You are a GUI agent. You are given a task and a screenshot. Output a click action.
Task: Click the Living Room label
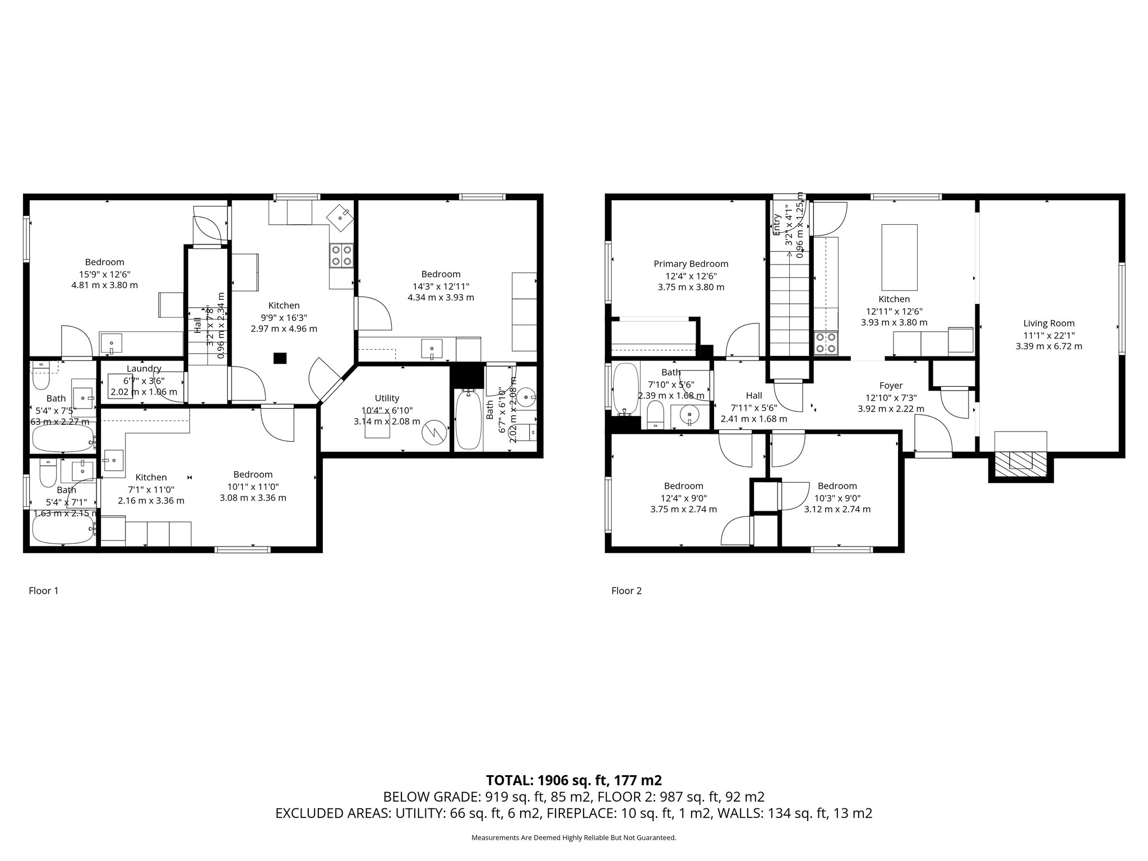[x=1048, y=323]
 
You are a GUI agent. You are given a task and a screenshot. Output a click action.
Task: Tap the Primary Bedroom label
[x=691, y=264]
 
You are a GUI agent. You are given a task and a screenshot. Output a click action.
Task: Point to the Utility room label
[x=387, y=398]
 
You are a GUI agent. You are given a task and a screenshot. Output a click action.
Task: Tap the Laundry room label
[x=143, y=369]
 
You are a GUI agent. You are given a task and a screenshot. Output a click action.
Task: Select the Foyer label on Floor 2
[x=891, y=386]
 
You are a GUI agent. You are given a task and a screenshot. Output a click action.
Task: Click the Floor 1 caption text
[x=43, y=591]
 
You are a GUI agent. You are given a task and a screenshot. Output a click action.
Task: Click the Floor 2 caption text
[x=626, y=591]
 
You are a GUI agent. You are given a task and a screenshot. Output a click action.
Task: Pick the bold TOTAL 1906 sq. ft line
[x=573, y=780]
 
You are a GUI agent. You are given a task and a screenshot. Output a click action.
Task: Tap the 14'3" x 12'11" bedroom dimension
[x=441, y=286]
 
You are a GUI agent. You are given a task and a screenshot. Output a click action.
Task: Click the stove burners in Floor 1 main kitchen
[x=341, y=256]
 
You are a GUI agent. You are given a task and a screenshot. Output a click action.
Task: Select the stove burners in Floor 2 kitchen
[x=826, y=342]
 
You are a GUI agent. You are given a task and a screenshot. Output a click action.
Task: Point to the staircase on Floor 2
[x=789, y=303]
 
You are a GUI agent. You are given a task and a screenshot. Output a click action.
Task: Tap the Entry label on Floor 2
[x=777, y=224]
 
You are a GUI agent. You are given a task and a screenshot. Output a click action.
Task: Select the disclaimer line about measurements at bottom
[x=573, y=838]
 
